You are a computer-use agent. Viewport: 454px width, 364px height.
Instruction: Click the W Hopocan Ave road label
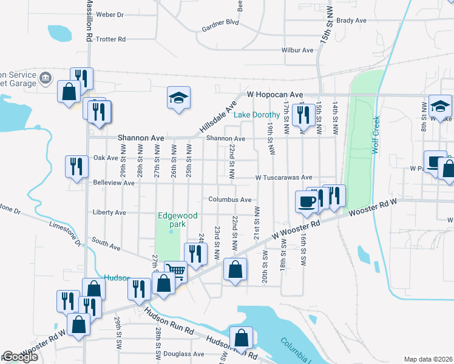coord(275,95)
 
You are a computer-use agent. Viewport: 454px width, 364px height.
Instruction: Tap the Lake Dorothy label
coord(257,115)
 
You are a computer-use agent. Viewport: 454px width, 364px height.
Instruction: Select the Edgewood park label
coord(171,220)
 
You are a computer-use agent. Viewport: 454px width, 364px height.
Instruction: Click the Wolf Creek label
coord(376,135)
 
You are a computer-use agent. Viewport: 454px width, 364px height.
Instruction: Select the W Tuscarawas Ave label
coord(283,178)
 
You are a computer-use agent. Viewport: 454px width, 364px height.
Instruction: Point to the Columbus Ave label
coord(229,200)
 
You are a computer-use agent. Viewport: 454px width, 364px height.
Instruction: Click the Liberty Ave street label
coord(109,213)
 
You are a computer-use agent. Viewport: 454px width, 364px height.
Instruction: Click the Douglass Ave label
coord(187,354)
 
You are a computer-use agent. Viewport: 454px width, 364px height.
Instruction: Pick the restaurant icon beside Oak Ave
coord(76,166)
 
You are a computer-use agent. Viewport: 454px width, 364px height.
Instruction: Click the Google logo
coord(20,357)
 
